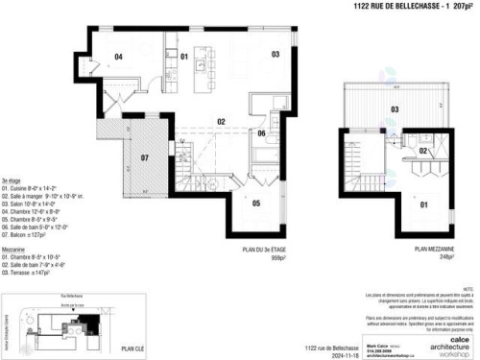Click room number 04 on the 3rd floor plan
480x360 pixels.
(x=119, y=58)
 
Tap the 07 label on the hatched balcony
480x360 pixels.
(x=145, y=156)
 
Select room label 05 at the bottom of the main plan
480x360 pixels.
(x=256, y=203)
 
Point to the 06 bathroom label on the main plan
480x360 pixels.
(x=261, y=133)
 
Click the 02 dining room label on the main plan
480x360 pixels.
(x=220, y=122)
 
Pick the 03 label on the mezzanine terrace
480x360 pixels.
(x=395, y=109)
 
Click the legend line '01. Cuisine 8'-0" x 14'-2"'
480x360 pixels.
(x=32, y=188)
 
